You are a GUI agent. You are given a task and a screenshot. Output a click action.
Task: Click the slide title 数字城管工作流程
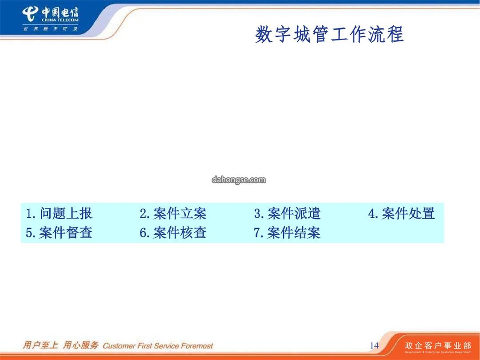pos(329,34)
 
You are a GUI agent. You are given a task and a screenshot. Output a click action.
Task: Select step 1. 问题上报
pos(59,213)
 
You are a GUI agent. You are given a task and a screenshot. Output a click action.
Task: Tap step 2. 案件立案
pos(173,213)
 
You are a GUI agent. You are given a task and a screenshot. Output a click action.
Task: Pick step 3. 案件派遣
pos(287,213)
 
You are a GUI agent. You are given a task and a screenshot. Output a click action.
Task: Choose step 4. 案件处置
pos(401,213)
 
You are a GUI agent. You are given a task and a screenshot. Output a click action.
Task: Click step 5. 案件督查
pos(59,232)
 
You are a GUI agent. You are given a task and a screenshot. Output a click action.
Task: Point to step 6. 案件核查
pos(173,232)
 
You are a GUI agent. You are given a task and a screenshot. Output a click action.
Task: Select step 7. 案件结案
pos(287,232)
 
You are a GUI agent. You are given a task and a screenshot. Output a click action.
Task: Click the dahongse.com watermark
pos(239,180)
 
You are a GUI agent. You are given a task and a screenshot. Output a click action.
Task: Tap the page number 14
pos(374,346)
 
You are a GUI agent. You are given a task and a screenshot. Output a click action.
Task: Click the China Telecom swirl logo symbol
pos(31,14)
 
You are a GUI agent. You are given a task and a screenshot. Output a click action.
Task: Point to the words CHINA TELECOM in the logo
pos(60,20)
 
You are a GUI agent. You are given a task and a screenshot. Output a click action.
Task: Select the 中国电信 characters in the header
pos(60,12)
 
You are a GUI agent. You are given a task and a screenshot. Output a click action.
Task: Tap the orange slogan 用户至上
pos(40,345)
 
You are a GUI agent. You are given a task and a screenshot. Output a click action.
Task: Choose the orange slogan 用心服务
pos(80,345)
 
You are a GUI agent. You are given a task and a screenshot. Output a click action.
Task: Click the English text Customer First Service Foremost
pos(158,346)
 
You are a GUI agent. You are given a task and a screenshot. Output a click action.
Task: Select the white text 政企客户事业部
pos(438,346)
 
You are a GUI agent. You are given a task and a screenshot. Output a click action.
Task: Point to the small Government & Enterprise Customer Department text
pos(438,352)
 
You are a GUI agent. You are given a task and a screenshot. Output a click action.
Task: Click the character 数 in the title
pos(264,34)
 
